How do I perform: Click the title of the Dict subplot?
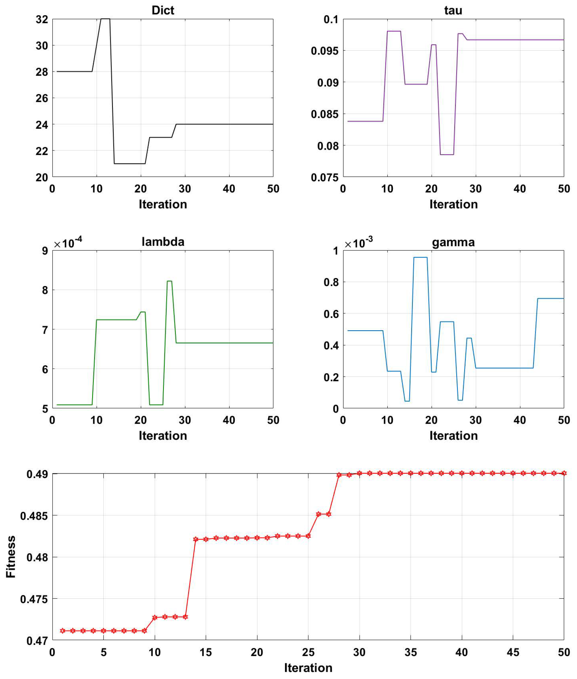pyautogui.click(x=163, y=10)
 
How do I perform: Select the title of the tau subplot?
pyautogui.click(x=453, y=10)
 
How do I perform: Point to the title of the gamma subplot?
pyautogui.click(x=453, y=242)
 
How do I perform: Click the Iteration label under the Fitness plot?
pyautogui.click(x=308, y=667)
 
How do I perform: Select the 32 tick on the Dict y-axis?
pyautogui.click(x=42, y=19)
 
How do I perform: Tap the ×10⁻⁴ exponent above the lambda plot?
pyautogui.click(x=68, y=243)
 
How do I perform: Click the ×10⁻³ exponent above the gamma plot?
pyautogui.click(x=359, y=243)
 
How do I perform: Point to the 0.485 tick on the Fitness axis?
pyautogui.click(x=34, y=516)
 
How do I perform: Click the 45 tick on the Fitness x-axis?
pyautogui.click(x=513, y=652)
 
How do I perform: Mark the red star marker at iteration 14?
pyautogui.click(x=196, y=539)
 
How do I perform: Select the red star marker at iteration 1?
pyautogui.click(x=63, y=630)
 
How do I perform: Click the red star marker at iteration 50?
pyautogui.click(x=564, y=473)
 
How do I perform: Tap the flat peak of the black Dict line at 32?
pyautogui.click(x=105, y=19)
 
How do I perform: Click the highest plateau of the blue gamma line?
pyautogui.click(x=420, y=257)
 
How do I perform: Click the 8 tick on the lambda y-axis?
pyautogui.click(x=45, y=290)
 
